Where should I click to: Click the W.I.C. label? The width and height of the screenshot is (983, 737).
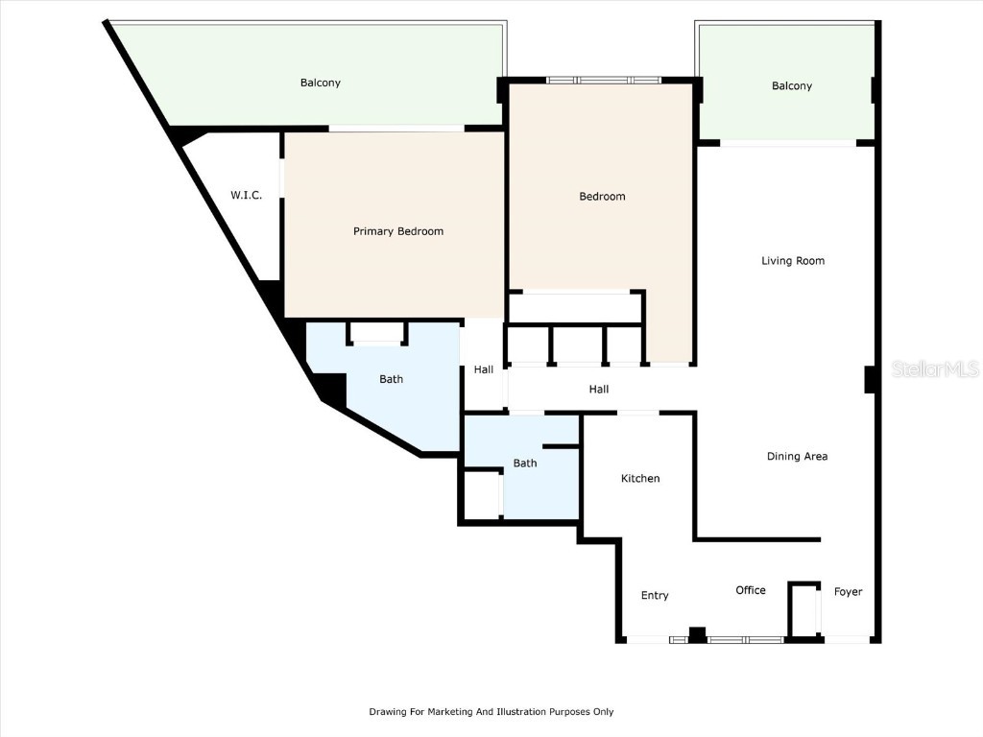click(x=246, y=195)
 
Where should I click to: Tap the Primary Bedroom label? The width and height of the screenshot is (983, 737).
click(x=398, y=231)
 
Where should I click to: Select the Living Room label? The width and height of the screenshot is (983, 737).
click(x=793, y=261)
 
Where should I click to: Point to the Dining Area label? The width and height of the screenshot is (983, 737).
click(x=797, y=456)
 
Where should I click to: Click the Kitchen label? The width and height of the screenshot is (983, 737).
click(x=640, y=478)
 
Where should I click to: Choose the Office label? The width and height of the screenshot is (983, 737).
click(x=751, y=590)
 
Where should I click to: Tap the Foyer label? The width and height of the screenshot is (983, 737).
click(x=848, y=591)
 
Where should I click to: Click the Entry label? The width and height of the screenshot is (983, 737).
click(x=655, y=595)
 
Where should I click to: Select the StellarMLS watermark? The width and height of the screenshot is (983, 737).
click(x=935, y=368)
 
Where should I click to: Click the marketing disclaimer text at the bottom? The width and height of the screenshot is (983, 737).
click(x=491, y=711)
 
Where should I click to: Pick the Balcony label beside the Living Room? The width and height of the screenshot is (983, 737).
click(x=792, y=85)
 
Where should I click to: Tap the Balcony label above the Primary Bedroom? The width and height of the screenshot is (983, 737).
click(x=321, y=83)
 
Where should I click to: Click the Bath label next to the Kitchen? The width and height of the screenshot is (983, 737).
click(x=525, y=464)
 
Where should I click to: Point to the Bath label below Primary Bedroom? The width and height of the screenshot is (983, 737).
click(x=392, y=379)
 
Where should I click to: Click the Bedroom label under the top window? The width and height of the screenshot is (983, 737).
click(x=602, y=196)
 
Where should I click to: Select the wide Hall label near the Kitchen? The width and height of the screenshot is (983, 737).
click(x=599, y=390)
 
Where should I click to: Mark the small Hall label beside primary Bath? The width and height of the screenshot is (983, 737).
click(x=484, y=369)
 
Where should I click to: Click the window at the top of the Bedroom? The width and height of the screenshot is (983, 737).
click(x=603, y=81)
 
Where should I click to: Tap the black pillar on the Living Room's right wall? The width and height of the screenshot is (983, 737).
click(x=870, y=380)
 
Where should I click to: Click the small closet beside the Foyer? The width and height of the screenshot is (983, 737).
click(x=804, y=609)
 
